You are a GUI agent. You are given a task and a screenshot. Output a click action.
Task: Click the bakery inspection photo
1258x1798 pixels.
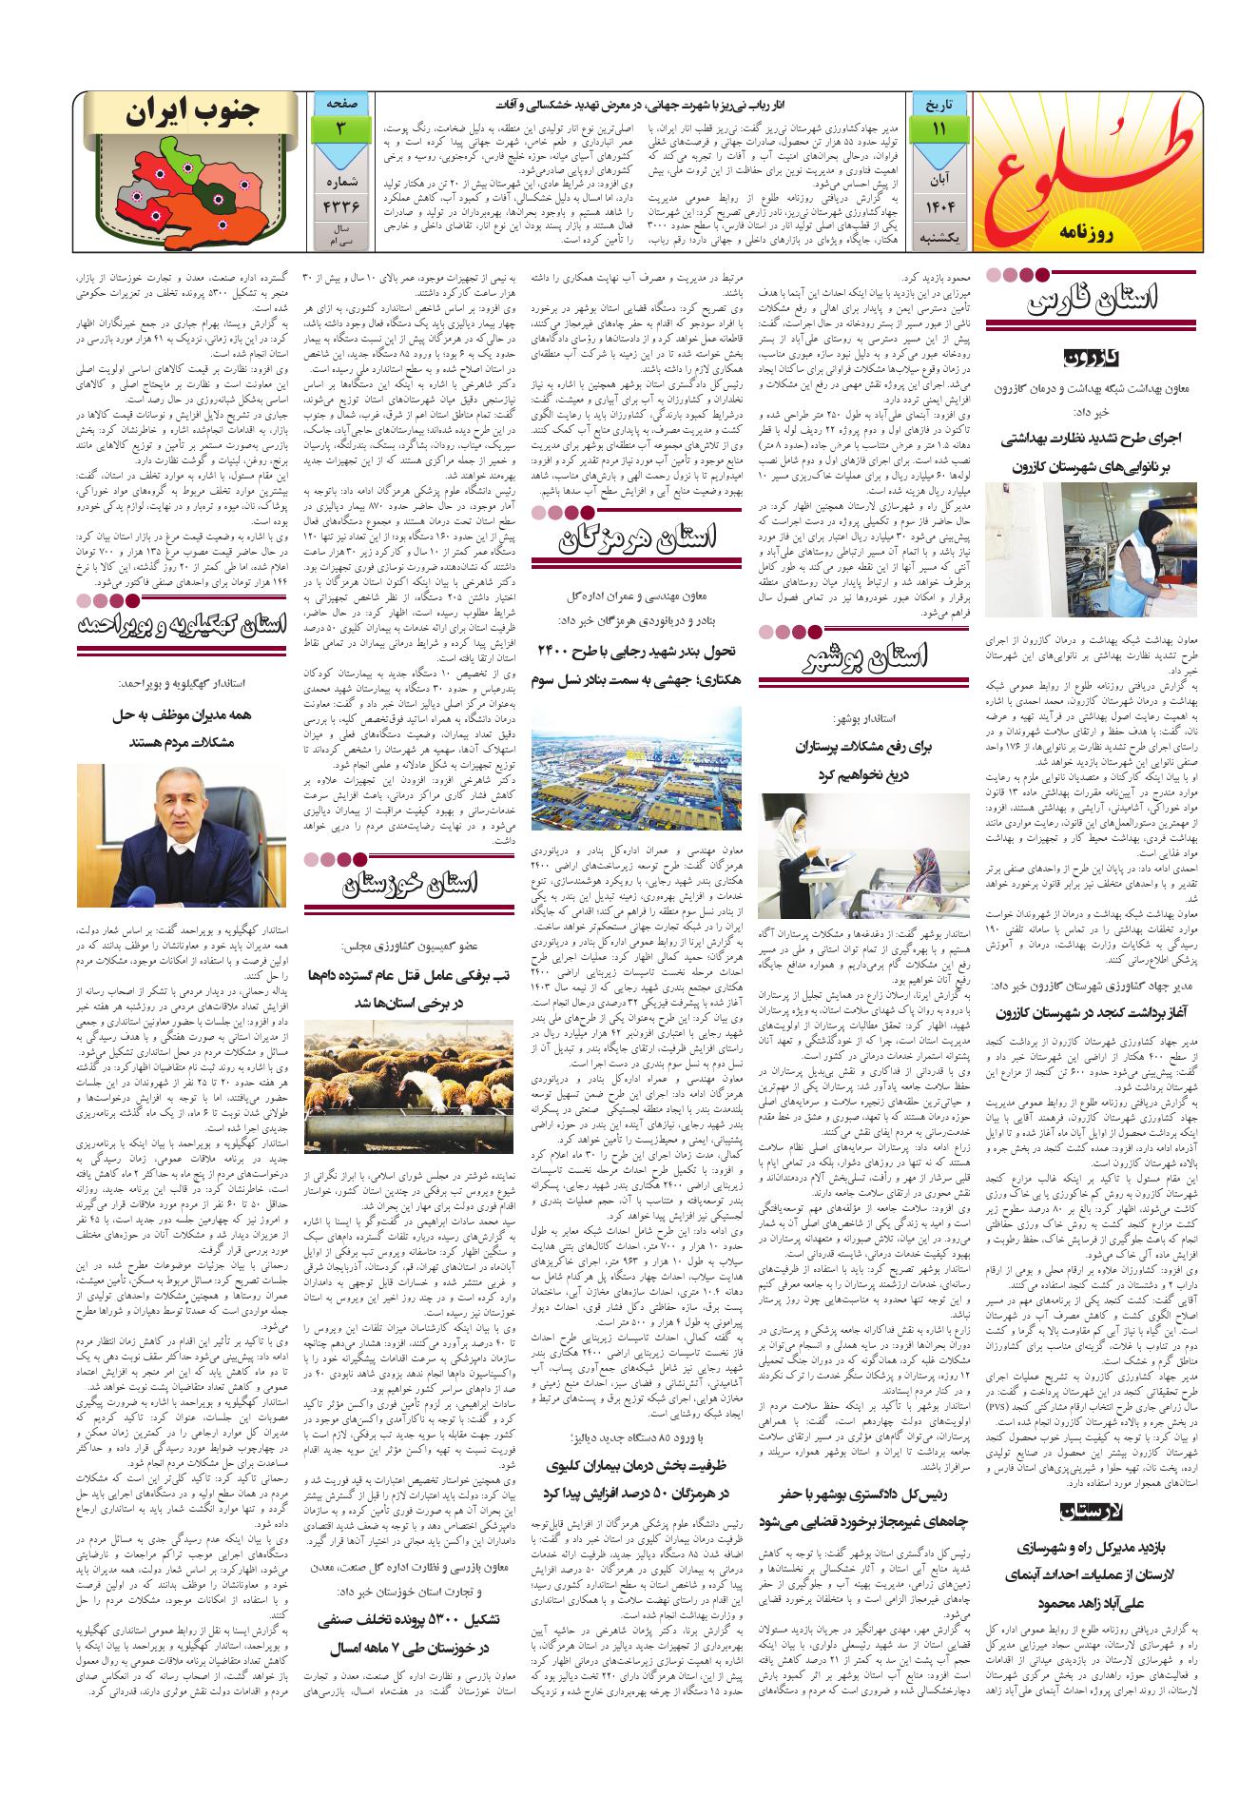(1091, 549)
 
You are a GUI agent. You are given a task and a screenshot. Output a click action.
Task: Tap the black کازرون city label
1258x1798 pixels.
(1091, 358)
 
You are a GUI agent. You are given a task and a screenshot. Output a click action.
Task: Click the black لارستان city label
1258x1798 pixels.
(1091, 1510)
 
